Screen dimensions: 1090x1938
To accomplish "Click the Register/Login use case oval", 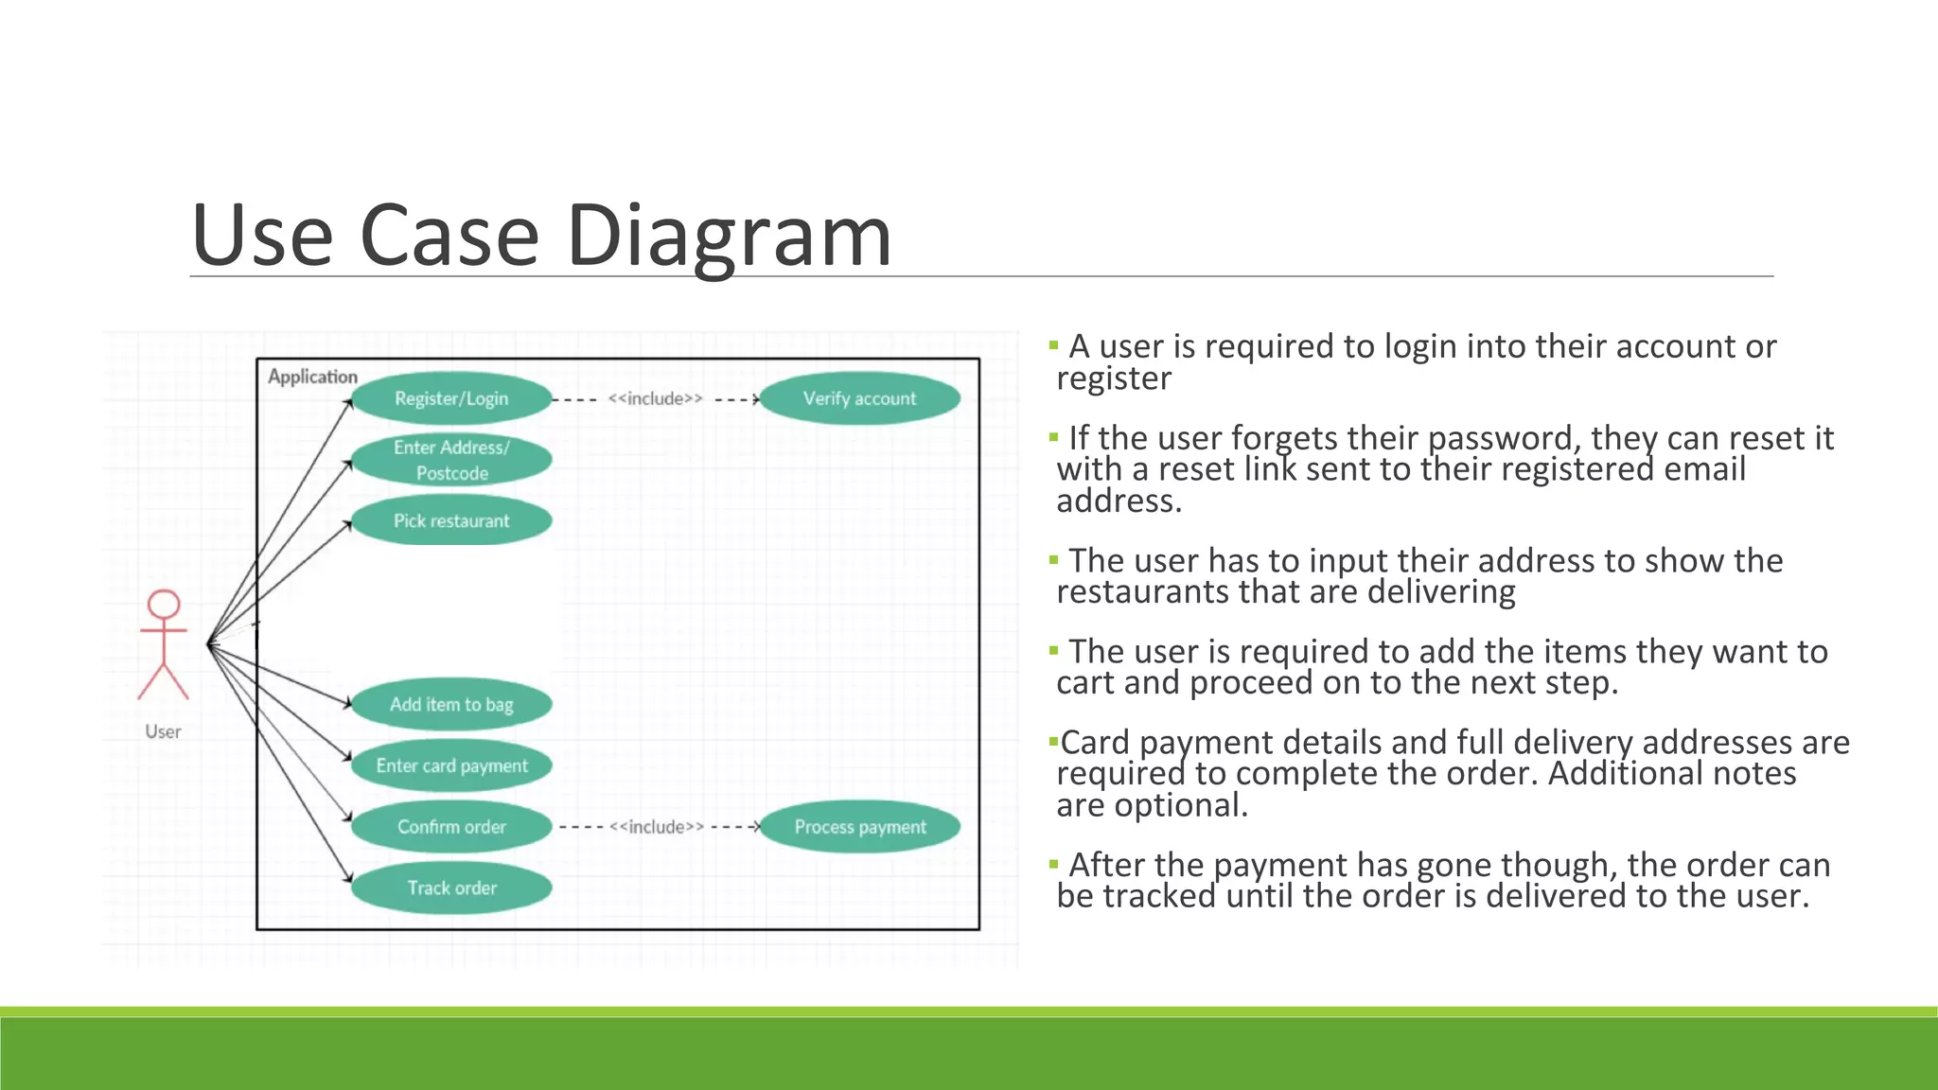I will pyautogui.click(x=451, y=398).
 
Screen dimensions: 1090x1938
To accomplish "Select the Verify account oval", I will pyautogui.click(x=859, y=398).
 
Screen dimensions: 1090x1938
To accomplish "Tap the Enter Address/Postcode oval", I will pyautogui.click(x=451, y=460).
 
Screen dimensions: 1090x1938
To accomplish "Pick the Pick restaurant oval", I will pyautogui.click(x=451, y=520).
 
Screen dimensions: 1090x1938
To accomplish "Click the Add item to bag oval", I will pyautogui.click(x=451, y=704).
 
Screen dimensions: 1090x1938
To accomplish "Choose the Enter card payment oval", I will pyautogui.click(x=451, y=765).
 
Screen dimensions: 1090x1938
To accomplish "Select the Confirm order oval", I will pyautogui.click(x=451, y=826).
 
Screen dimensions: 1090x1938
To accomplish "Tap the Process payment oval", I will pyautogui.click(x=859, y=826).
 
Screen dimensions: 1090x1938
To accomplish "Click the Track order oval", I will pyautogui.click(x=451, y=888).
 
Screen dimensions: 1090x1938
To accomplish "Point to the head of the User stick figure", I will pyautogui.click(x=164, y=604).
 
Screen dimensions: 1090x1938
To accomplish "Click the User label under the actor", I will pyautogui.click(x=163, y=731).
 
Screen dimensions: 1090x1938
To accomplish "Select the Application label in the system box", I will pyautogui.click(x=312, y=377).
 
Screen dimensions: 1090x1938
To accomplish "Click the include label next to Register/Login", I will pyautogui.click(x=655, y=398).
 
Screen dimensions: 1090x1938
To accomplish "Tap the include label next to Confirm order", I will pyautogui.click(x=657, y=826).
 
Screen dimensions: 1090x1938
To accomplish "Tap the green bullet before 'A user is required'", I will pyautogui.click(x=1053, y=345).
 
